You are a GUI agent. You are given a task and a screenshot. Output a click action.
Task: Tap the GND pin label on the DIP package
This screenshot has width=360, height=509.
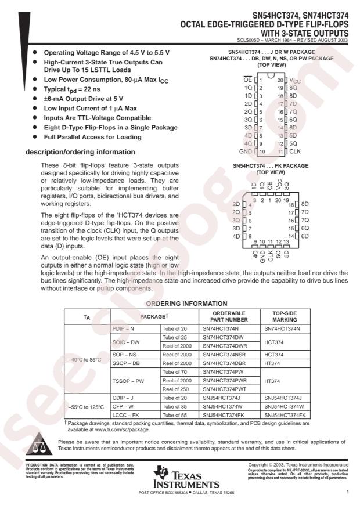click(246, 151)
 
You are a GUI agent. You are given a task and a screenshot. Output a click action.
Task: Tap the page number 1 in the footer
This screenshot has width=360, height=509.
click(347, 492)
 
